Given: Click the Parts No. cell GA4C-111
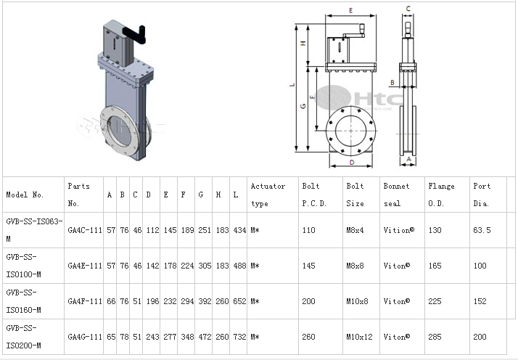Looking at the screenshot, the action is tap(85, 230).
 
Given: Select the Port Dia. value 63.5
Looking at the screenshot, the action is tap(482, 230).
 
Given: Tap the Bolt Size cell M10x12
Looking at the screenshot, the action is tap(359, 337).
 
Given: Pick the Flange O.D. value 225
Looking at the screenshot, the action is tap(435, 301).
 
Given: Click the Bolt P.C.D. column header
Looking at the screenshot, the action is tap(314, 195).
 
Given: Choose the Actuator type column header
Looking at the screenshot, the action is tap(268, 195).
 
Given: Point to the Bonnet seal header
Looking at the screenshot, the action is tap(396, 195).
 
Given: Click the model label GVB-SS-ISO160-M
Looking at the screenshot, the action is tap(23, 301).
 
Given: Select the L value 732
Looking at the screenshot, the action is tap(239, 337).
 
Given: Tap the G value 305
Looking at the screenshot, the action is tap(205, 266).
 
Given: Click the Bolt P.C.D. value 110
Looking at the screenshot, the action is tap(308, 230).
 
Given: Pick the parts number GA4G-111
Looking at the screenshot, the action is tap(85, 337).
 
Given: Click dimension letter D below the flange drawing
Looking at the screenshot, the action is tap(352, 163).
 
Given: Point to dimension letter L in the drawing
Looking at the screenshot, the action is tap(292, 85).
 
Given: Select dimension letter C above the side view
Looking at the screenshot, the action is tap(408, 9).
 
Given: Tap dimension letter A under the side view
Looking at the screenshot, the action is tap(408, 159).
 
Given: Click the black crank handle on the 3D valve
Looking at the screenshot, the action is tap(135, 34).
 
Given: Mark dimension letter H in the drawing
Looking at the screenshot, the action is tap(303, 43).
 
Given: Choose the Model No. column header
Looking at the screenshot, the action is tap(25, 195).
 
